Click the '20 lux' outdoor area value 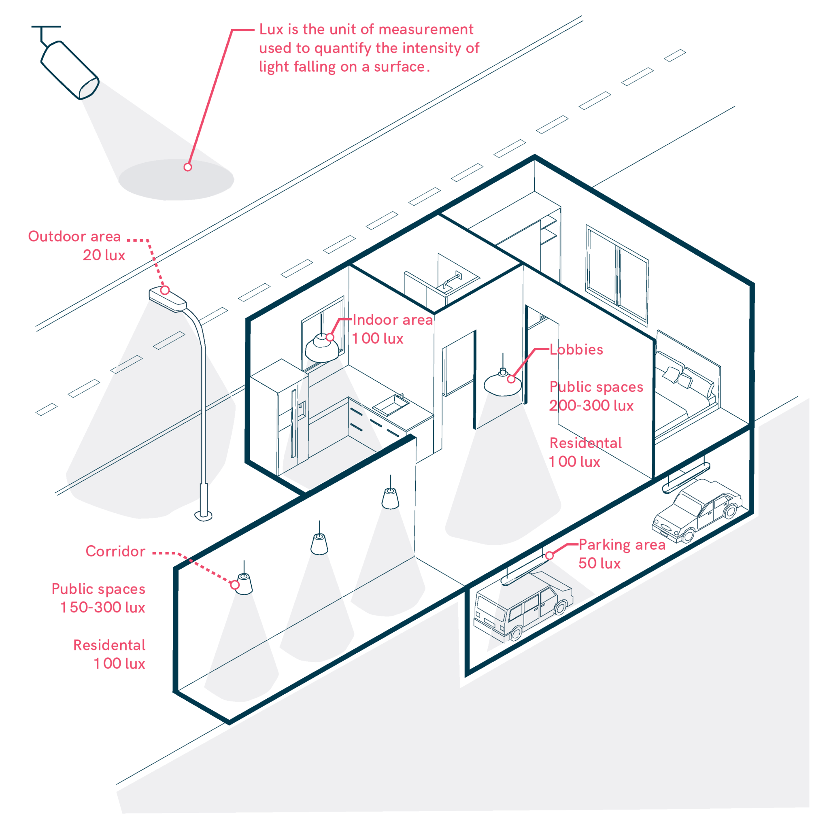(x=104, y=255)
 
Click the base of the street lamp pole (x=203, y=515)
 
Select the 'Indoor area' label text (x=392, y=320)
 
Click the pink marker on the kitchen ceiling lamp (x=329, y=337)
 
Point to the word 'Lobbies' (x=576, y=350)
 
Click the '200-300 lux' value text (x=591, y=406)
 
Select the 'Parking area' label (x=622, y=544)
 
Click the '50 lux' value (x=599, y=563)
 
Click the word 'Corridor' (x=115, y=551)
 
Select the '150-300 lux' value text (x=102, y=608)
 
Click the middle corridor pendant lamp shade (x=319, y=545)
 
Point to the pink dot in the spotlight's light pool (x=187, y=167)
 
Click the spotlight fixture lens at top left (x=89, y=88)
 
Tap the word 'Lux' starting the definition (x=271, y=29)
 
